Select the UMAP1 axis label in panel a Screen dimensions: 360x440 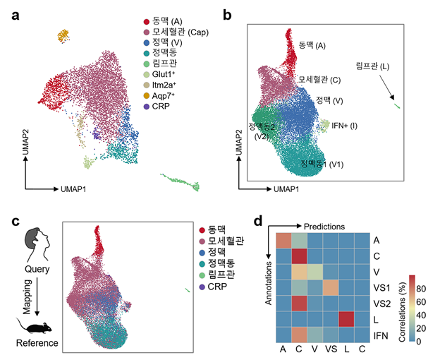72,189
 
